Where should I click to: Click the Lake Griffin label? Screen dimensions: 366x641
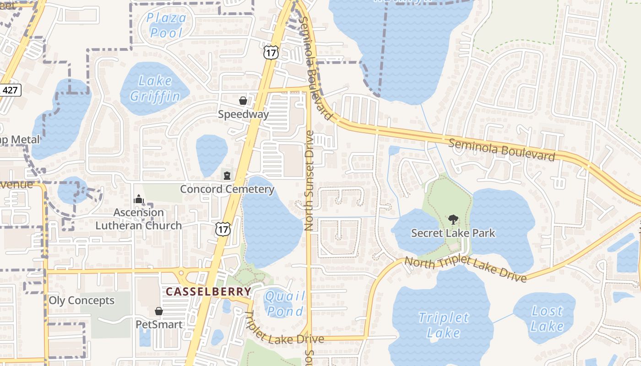[155, 89]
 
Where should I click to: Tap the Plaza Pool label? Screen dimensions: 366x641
[167, 25]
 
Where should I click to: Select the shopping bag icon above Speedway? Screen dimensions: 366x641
[243, 101]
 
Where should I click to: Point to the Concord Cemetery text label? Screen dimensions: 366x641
[227, 189]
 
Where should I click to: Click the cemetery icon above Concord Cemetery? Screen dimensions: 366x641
[227, 175]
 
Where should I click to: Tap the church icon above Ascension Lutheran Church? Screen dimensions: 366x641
[138, 199]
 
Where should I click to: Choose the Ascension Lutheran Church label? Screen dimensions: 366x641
[138, 219]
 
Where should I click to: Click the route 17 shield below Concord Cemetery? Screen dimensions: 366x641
[223, 229]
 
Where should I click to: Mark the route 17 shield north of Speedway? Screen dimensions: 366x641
[271, 52]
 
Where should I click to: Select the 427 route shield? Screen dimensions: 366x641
[10, 90]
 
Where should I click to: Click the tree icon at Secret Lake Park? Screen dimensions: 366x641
[453, 220]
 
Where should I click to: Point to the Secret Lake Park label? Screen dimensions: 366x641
[453, 233]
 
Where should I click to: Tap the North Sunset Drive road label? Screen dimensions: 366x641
[309, 180]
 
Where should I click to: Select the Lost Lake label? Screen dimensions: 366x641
[547, 318]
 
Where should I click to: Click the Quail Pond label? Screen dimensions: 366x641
[285, 304]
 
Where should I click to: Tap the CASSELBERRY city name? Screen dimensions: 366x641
[208, 291]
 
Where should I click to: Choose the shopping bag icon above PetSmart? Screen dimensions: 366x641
[159, 311]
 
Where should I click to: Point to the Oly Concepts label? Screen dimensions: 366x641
[81, 301]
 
